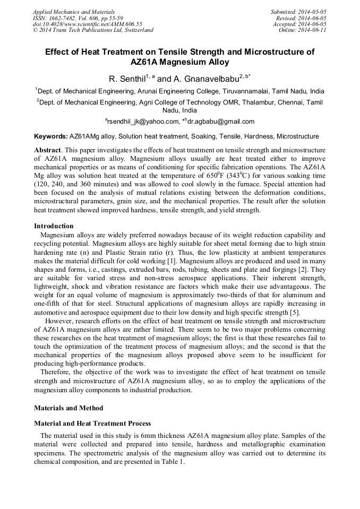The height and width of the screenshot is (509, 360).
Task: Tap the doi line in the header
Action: click(x=87, y=24)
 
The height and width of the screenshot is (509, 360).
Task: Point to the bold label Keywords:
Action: click(x=50, y=136)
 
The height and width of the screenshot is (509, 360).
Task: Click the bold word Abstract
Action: click(x=48, y=150)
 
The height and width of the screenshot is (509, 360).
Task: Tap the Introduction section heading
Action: click(x=54, y=226)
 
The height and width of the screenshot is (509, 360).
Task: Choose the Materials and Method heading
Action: click(x=68, y=408)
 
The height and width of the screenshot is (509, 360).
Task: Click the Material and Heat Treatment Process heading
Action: click(x=92, y=424)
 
